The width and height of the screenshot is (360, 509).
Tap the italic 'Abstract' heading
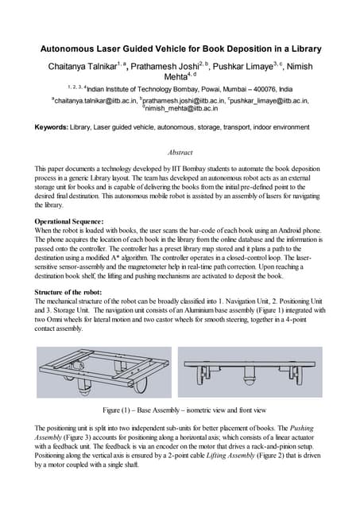[x=180, y=152]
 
